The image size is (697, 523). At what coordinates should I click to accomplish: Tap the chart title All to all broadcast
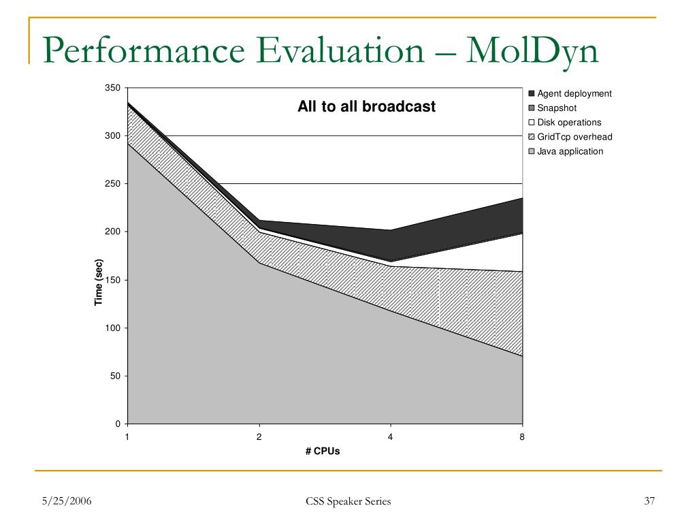pyautogui.click(x=366, y=107)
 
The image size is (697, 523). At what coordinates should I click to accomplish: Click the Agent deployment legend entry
pyautogui.click(x=574, y=93)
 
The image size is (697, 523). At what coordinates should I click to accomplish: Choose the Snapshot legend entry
pyautogui.click(x=556, y=108)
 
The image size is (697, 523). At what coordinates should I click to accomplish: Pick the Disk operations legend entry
pyautogui.click(x=569, y=123)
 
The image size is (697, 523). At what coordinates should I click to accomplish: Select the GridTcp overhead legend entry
pyautogui.click(x=574, y=137)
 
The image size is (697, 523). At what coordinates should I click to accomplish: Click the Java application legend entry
pyautogui.click(x=570, y=151)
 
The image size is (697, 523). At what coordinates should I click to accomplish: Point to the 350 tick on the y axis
pyautogui.click(x=112, y=88)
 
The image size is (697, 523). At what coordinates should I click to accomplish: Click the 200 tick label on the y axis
pyautogui.click(x=112, y=232)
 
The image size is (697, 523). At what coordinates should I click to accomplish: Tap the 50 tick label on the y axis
pyautogui.click(x=114, y=376)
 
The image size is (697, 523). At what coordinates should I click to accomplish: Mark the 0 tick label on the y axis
pyautogui.click(x=117, y=424)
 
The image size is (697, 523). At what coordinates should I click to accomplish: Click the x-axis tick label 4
pyautogui.click(x=391, y=437)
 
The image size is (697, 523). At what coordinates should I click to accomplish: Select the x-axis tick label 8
pyautogui.click(x=522, y=437)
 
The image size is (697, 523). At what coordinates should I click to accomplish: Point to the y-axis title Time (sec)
pyautogui.click(x=99, y=283)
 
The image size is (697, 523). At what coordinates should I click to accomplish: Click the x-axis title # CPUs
pyautogui.click(x=323, y=451)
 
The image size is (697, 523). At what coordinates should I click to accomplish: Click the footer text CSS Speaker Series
pyautogui.click(x=348, y=502)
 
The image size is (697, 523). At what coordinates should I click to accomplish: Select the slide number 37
pyautogui.click(x=649, y=502)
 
